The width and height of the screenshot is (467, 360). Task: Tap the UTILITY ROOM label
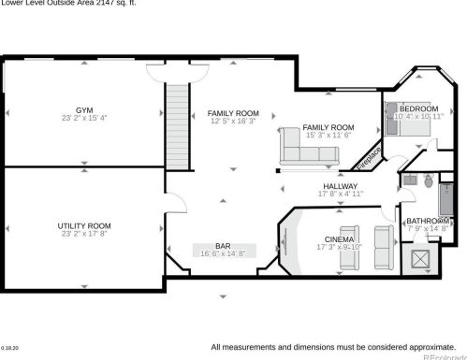click(84, 225)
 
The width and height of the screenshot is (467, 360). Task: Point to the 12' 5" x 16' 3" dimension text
click(233, 122)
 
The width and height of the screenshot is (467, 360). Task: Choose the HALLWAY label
click(341, 186)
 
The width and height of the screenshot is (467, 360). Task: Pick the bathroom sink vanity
click(408, 179)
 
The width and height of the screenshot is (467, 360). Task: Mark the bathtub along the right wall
click(445, 198)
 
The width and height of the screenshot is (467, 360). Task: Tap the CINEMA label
click(338, 239)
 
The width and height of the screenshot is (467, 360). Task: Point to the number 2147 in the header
click(104, 3)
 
